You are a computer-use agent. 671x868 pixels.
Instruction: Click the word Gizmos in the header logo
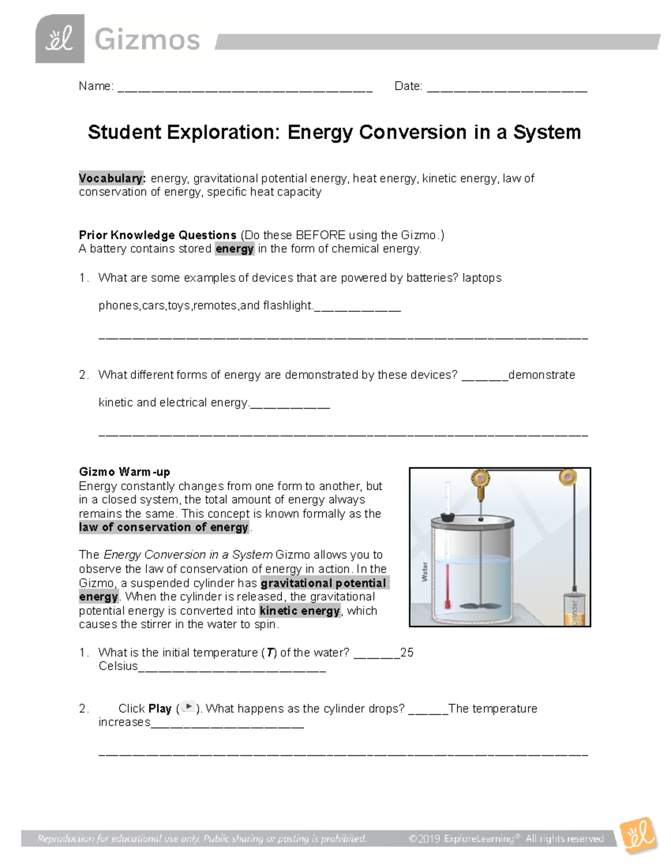tap(147, 40)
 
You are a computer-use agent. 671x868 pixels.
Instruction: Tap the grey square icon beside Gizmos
tap(60, 39)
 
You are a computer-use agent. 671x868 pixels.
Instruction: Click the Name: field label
tap(96, 86)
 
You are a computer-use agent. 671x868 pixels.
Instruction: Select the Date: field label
tap(408, 86)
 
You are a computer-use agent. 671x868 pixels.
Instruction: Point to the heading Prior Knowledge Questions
tap(158, 235)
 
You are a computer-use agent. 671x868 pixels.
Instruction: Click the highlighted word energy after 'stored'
tap(234, 249)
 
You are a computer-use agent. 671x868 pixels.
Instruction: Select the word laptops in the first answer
tap(481, 278)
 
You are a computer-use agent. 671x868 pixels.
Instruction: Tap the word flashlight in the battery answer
tap(287, 306)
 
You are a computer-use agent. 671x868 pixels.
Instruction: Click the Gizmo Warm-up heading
tap(125, 472)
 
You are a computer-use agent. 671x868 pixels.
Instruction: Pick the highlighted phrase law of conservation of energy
tap(164, 527)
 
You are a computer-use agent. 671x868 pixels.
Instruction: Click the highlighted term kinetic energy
tap(300, 611)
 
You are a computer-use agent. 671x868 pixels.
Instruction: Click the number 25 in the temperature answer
tap(407, 653)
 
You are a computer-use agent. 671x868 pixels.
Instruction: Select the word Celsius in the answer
tap(118, 666)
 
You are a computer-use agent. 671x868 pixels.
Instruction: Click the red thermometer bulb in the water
tap(447, 605)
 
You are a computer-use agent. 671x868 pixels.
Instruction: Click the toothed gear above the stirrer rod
tap(480, 478)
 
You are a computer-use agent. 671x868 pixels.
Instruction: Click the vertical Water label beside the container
tap(424, 572)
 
